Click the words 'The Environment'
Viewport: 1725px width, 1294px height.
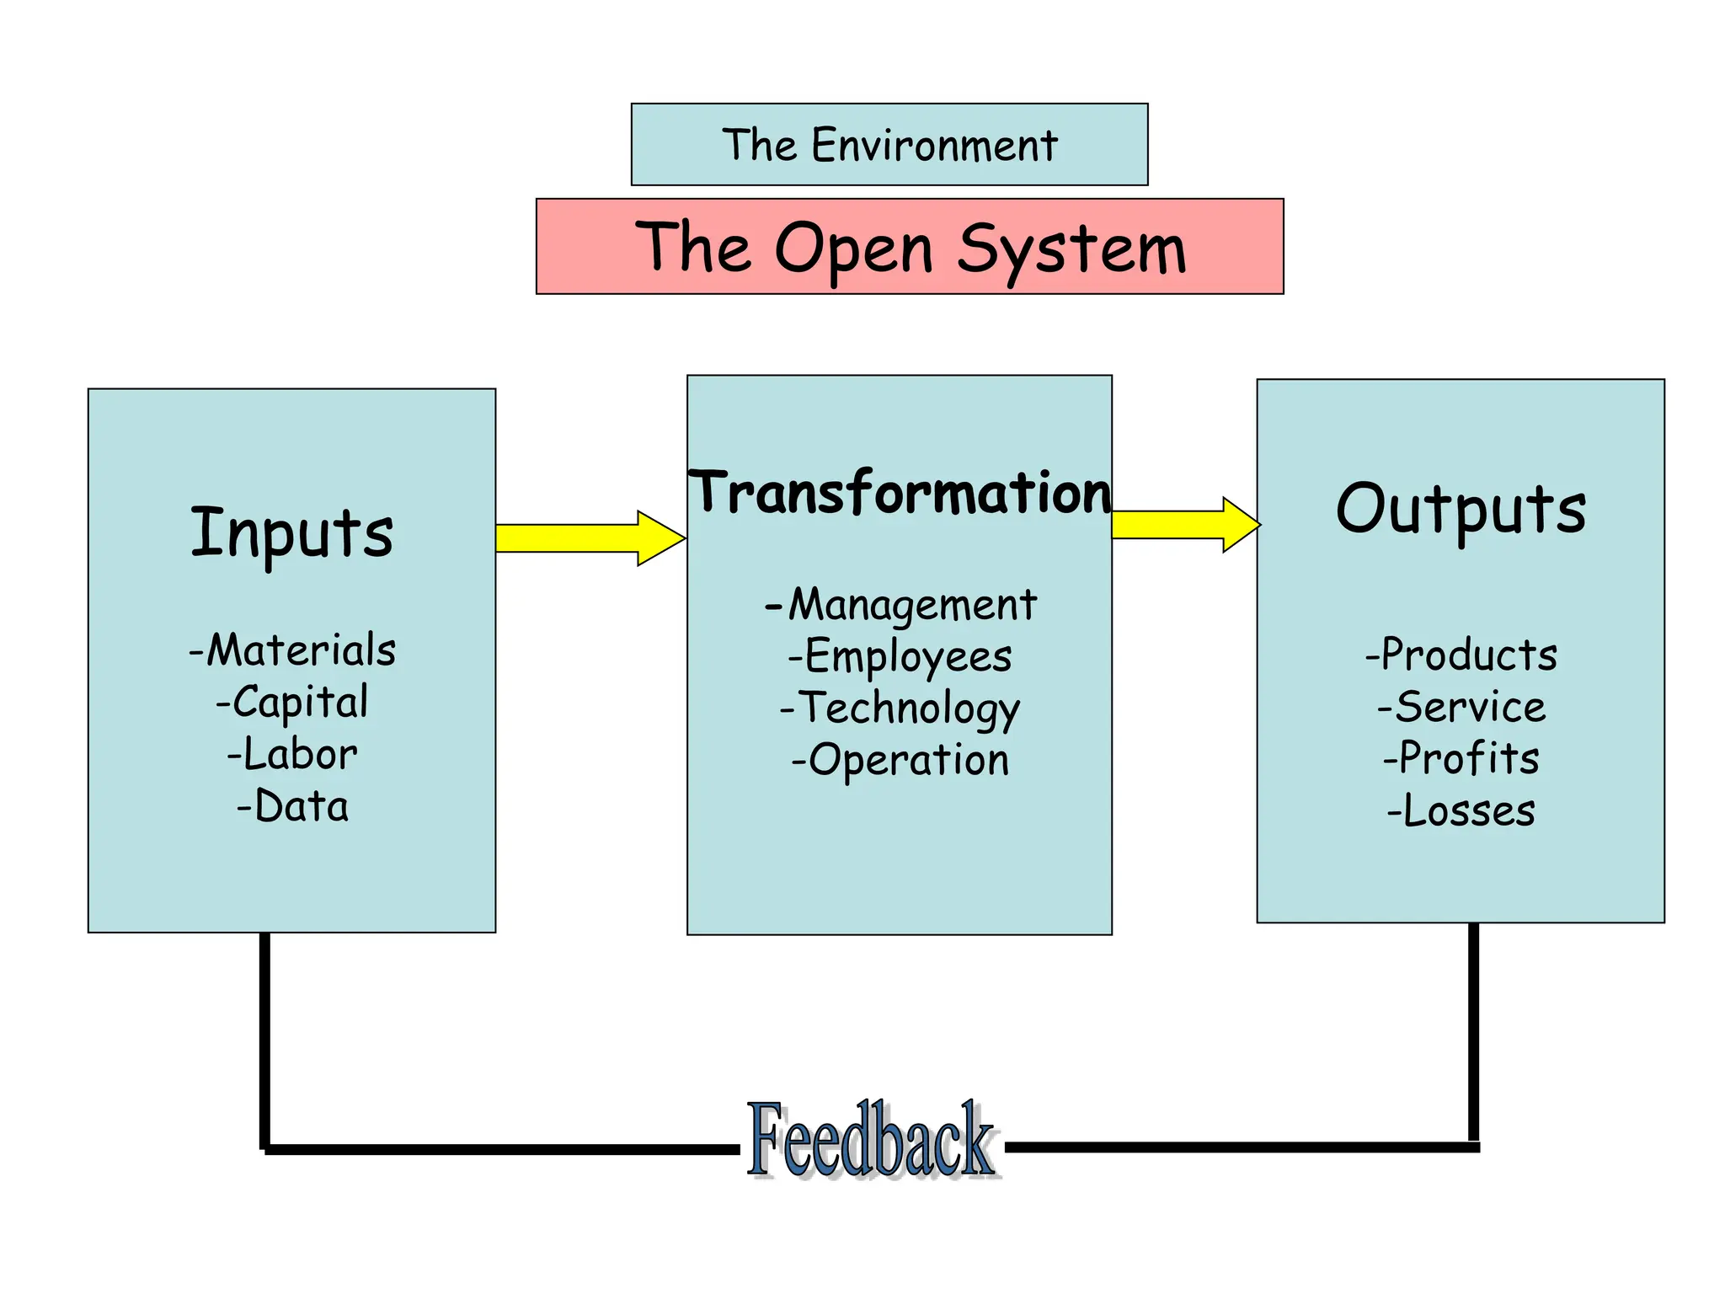coord(889,145)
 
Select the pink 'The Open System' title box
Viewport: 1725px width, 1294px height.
coord(910,247)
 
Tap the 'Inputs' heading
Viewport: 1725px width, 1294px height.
coord(291,532)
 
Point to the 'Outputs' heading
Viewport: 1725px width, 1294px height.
coord(1461,509)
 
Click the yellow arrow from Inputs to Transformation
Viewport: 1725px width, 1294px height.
coord(590,537)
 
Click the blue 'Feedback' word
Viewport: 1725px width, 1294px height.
coord(871,1141)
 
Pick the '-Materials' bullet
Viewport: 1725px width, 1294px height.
coord(292,650)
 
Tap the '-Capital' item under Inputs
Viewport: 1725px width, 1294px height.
coord(292,703)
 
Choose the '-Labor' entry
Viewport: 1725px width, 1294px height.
coord(292,755)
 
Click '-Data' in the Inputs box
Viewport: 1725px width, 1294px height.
coord(292,807)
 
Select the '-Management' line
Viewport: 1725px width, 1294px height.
coord(900,605)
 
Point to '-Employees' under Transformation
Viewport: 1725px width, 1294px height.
coord(900,657)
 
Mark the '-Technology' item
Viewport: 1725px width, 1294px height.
coord(900,708)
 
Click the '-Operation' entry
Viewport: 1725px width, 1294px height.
coord(900,761)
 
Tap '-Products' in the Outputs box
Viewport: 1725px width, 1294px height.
coord(1461,655)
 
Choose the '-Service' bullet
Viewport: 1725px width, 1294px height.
coord(1461,708)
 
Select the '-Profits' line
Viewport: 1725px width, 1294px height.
coord(1461,759)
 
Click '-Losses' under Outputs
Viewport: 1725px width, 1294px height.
coord(1461,811)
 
